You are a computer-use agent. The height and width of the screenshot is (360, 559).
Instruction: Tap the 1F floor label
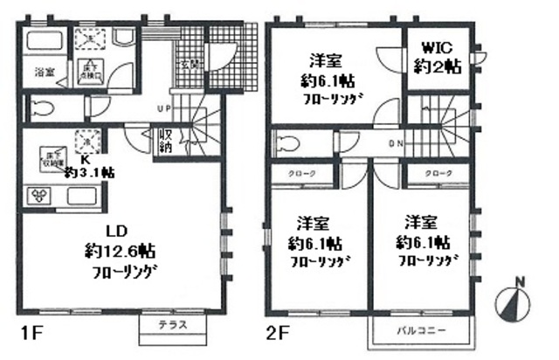pyautogui.click(x=27, y=333)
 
